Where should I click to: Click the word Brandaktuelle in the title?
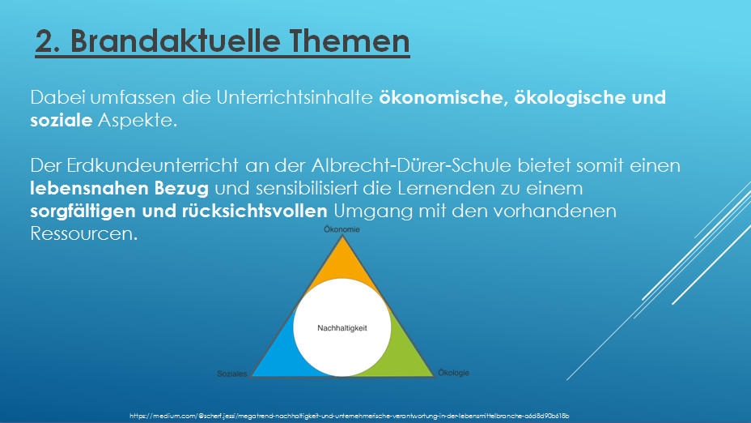pyautogui.click(x=176, y=41)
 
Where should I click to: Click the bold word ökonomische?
pyautogui.click(x=441, y=97)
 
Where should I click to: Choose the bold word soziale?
pyautogui.click(x=62, y=120)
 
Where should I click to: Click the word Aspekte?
pyautogui.click(x=138, y=121)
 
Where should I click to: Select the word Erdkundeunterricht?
pyautogui.click(x=152, y=165)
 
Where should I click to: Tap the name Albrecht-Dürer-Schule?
pyautogui.click(x=411, y=165)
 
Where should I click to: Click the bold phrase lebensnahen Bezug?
pyautogui.click(x=119, y=189)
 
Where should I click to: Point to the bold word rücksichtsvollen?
pyautogui.click(x=254, y=211)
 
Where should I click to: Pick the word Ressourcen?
pyautogui.click(x=84, y=233)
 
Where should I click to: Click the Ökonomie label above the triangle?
pyautogui.click(x=342, y=229)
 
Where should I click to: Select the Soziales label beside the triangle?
pyautogui.click(x=232, y=374)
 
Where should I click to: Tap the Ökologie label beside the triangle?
pyautogui.click(x=453, y=373)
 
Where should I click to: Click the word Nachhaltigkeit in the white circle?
pyautogui.click(x=342, y=328)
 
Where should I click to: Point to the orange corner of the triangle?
pyautogui.click(x=342, y=262)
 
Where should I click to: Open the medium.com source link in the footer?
pyautogui.click(x=349, y=416)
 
